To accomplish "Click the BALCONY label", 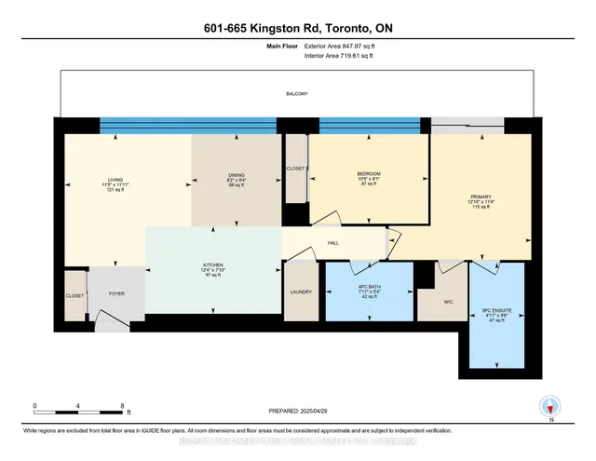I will coord(297,94).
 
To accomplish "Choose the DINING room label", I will coord(236,174).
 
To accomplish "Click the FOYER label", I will coord(116,294).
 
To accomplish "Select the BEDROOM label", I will coord(370,173).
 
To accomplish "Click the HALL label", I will coord(332,242).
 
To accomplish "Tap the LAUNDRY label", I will coord(302,292).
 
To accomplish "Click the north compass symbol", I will coord(551,406).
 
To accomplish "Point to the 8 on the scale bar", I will coord(122,406).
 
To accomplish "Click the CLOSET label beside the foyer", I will coord(74,295).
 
